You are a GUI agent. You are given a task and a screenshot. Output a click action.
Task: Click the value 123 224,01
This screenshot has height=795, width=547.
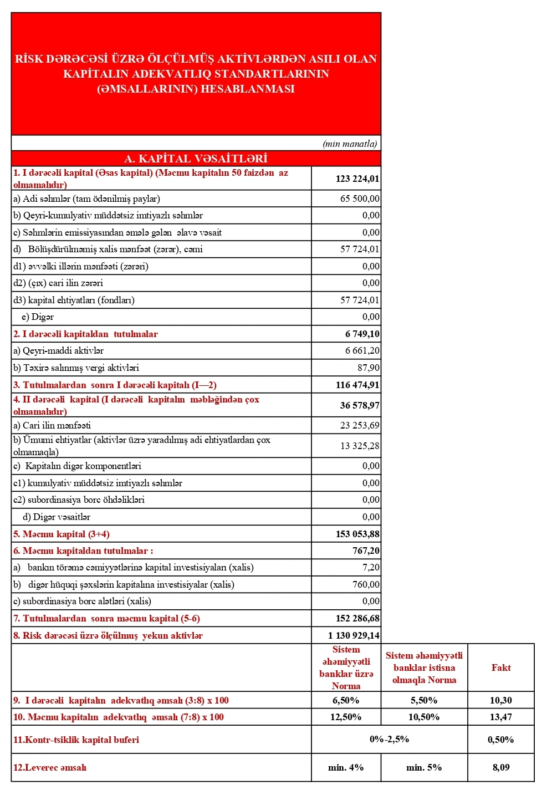[357, 179]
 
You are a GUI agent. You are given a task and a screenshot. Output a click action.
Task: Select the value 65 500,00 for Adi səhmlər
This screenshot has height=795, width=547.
[360, 198]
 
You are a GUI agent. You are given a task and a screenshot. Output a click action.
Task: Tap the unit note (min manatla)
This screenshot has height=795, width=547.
[350, 144]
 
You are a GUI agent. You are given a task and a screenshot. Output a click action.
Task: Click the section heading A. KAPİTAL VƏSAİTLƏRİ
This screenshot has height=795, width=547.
[196, 159]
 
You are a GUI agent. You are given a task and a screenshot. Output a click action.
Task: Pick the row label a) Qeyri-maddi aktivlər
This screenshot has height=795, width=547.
[58, 350]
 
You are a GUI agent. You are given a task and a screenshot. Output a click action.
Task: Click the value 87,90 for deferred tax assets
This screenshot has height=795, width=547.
[368, 368]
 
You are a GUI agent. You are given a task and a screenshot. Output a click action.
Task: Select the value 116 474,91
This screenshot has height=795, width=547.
[357, 385]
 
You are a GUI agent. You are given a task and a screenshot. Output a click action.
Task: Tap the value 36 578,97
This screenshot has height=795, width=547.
[359, 405]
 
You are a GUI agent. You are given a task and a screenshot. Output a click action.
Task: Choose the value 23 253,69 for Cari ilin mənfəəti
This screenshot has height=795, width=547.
[360, 425]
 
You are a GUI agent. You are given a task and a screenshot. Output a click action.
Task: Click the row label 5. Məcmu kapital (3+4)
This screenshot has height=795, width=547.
[62, 534]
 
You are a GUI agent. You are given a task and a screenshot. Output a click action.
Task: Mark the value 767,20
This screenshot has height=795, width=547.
[366, 551]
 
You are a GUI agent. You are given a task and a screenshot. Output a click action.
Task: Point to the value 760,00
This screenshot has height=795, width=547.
[366, 584]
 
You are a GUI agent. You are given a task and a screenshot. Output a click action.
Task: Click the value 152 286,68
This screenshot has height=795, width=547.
[357, 618]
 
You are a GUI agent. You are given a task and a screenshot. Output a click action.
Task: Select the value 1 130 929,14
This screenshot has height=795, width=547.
[354, 635]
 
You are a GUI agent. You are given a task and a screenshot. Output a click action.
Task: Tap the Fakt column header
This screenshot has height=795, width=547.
[500, 667]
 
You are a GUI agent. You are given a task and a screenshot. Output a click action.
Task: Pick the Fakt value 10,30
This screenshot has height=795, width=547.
[500, 700]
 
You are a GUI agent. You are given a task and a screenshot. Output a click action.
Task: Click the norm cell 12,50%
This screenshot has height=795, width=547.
[345, 717]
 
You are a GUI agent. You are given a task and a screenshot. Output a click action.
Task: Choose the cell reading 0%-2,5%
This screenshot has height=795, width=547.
[389, 739]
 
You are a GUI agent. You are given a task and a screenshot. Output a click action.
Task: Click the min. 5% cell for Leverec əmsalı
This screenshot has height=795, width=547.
[423, 767]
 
